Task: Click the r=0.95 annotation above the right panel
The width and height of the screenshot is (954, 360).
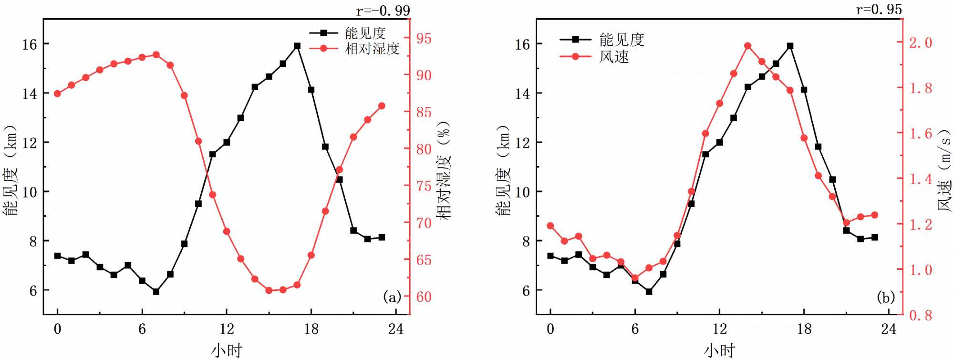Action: coord(879,9)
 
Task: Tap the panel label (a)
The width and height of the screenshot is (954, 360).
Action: coord(392,298)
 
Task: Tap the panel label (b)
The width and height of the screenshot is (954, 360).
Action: coord(886,298)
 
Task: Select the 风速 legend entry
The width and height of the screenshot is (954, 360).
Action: coord(614,57)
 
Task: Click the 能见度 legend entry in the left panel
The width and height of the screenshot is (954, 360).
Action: coord(365,33)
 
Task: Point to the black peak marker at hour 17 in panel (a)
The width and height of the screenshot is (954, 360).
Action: coord(297,46)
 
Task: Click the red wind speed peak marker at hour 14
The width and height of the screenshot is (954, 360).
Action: coord(747,46)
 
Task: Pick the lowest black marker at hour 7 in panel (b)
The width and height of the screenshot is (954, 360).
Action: coord(649,291)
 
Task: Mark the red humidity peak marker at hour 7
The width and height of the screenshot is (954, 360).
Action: coord(156,55)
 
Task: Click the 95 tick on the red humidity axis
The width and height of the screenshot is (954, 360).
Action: coord(424,39)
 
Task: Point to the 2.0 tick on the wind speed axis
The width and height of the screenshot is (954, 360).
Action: coord(921,42)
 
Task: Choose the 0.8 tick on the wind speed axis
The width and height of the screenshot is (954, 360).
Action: coord(921,315)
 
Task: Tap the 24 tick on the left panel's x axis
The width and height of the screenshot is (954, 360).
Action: coord(395,329)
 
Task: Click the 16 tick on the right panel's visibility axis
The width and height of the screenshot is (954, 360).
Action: coord(522,44)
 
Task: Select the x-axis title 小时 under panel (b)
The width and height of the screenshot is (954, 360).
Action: coord(719,351)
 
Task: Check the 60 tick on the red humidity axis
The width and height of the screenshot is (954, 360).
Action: coord(424,297)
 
